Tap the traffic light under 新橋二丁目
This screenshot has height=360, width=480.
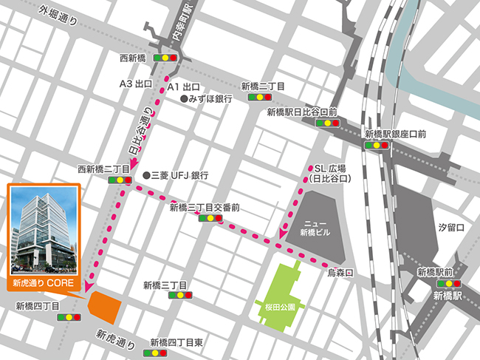259,96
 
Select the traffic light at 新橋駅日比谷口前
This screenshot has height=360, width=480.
323,123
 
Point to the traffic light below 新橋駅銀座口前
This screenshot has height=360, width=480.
377,146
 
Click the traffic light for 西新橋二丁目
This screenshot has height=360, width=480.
118,180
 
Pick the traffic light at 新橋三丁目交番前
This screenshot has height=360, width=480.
210,219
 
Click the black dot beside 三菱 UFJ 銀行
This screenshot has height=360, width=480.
146,175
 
